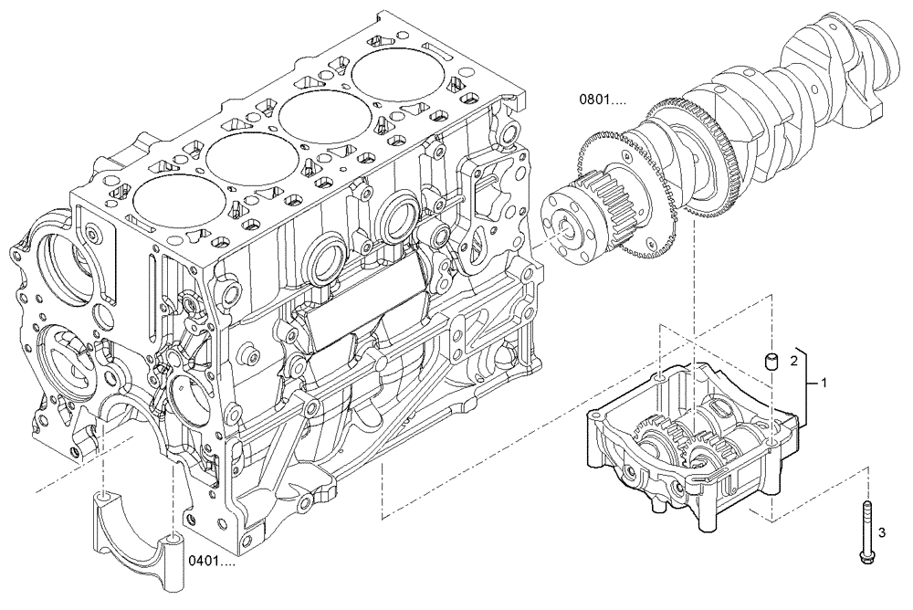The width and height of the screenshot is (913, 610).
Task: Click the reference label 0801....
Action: click(x=601, y=100)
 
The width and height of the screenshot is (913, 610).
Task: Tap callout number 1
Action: click(x=824, y=382)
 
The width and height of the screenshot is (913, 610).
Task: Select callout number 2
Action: click(x=792, y=362)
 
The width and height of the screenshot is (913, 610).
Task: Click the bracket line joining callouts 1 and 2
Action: click(x=808, y=384)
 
